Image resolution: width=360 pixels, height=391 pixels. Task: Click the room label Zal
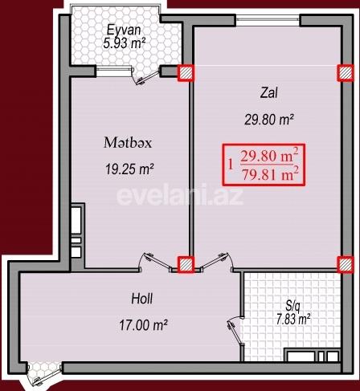coord(268,92)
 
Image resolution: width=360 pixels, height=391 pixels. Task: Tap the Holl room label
coord(142,299)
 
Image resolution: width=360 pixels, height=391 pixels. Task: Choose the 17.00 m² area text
coord(142,325)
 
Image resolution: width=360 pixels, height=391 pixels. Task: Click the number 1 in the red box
coord(231,163)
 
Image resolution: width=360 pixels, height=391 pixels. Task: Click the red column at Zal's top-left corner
coord(186,73)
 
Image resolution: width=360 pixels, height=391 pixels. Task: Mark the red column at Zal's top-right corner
coord(346,73)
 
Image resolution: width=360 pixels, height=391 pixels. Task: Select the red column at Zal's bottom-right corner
coord(346,264)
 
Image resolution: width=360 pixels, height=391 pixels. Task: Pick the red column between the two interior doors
coord(186,264)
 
